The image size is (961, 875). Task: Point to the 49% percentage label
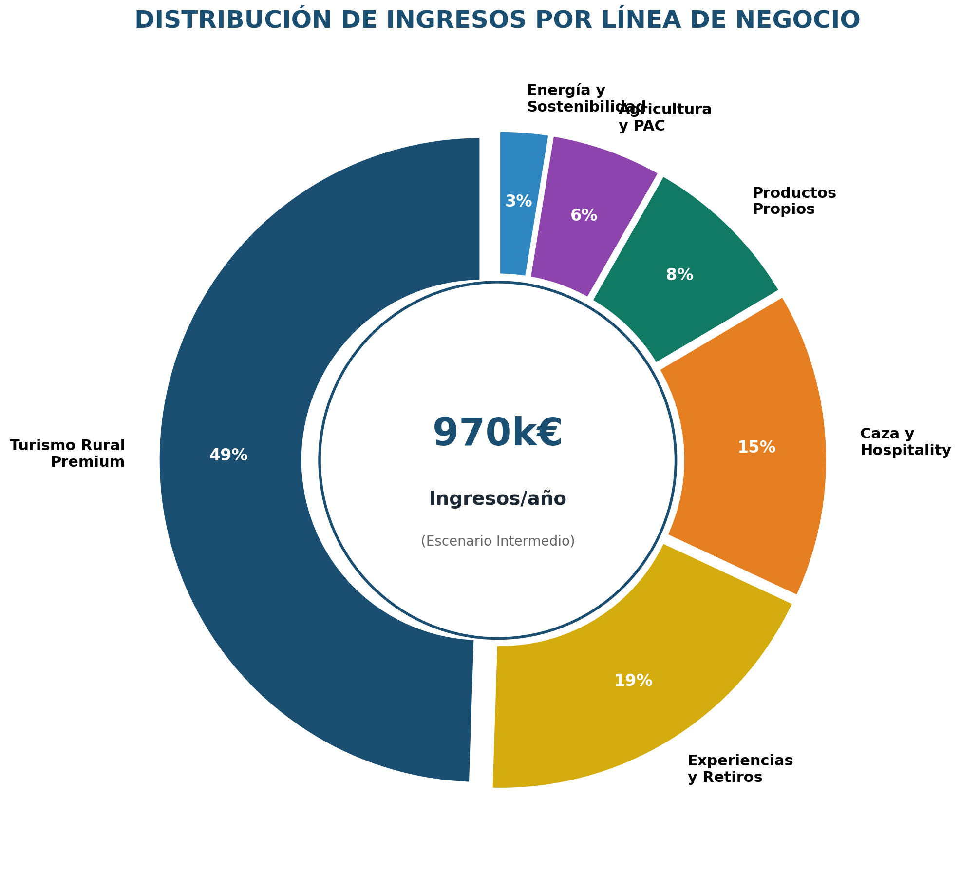click(x=228, y=455)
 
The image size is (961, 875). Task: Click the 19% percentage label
click(x=633, y=681)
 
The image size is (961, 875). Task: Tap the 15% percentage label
click(x=756, y=447)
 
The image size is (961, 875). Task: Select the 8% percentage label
click(x=679, y=275)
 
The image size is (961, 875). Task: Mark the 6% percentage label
click(x=584, y=215)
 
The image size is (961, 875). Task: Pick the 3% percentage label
click(x=518, y=201)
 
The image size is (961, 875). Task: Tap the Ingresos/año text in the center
click(x=497, y=498)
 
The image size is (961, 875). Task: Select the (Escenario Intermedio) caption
click(x=497, y=541)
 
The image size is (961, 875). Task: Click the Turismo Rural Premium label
click(x=68, y=454)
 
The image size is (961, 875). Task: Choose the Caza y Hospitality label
click(x=905, y=442)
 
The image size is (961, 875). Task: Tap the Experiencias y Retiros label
click(x=740, y=768)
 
